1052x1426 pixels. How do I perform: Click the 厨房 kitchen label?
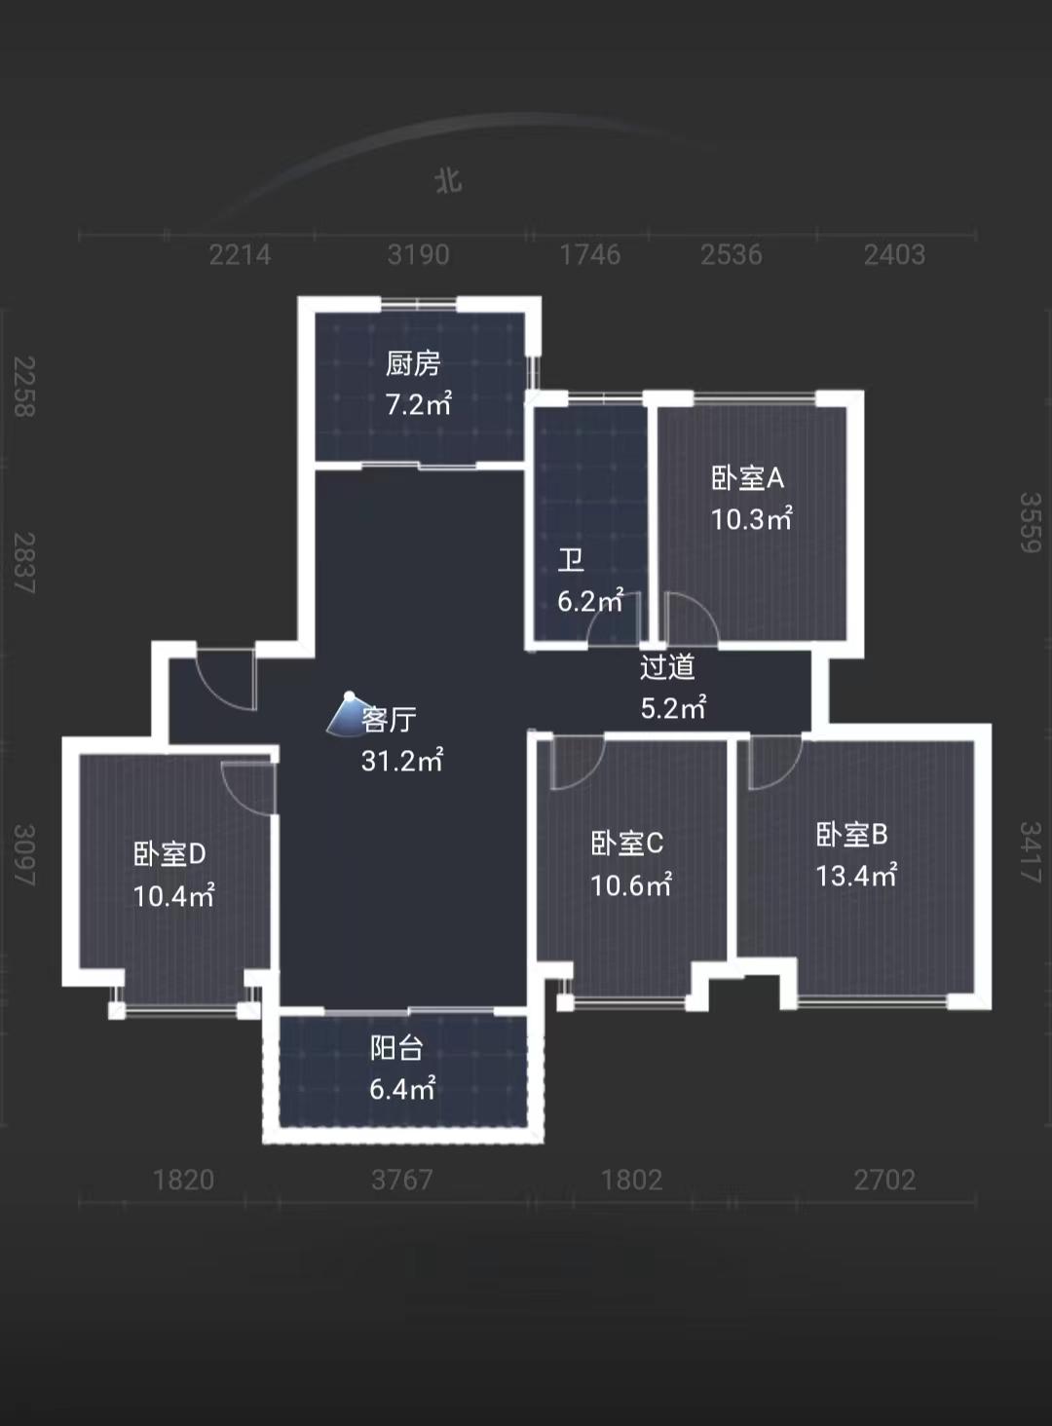[x=413, y=364]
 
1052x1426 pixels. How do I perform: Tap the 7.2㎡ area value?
[x=419, y=404]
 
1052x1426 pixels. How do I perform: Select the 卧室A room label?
[x=748, y=478]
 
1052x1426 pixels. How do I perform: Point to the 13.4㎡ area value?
[x=856, y=876]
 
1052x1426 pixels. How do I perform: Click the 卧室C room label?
[x=627, y=844]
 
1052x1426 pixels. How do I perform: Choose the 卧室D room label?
[x=170, y=853]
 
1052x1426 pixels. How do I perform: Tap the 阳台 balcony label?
[x=396, y=1048]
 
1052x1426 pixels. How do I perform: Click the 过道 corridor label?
[x=667, y=666]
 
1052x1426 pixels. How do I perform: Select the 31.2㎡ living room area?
[x=402, y=761]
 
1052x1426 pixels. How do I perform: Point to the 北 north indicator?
[x=448, y=181]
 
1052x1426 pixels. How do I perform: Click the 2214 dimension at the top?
[x=240, y=254]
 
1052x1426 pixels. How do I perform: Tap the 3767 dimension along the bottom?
[x=402, y=1180]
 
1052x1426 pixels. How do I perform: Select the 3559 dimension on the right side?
[x=1031, y=522]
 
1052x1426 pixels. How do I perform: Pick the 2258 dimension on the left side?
[x=24, y=387]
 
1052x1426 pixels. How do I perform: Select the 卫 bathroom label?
[x=571, y=561]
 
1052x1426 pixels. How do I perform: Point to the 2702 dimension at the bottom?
[x=884, y=1180]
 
